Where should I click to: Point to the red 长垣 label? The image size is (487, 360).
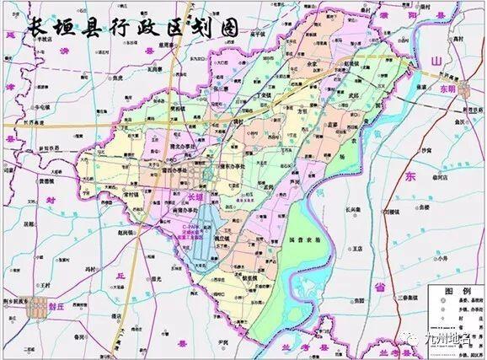click(x=195, y=196)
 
